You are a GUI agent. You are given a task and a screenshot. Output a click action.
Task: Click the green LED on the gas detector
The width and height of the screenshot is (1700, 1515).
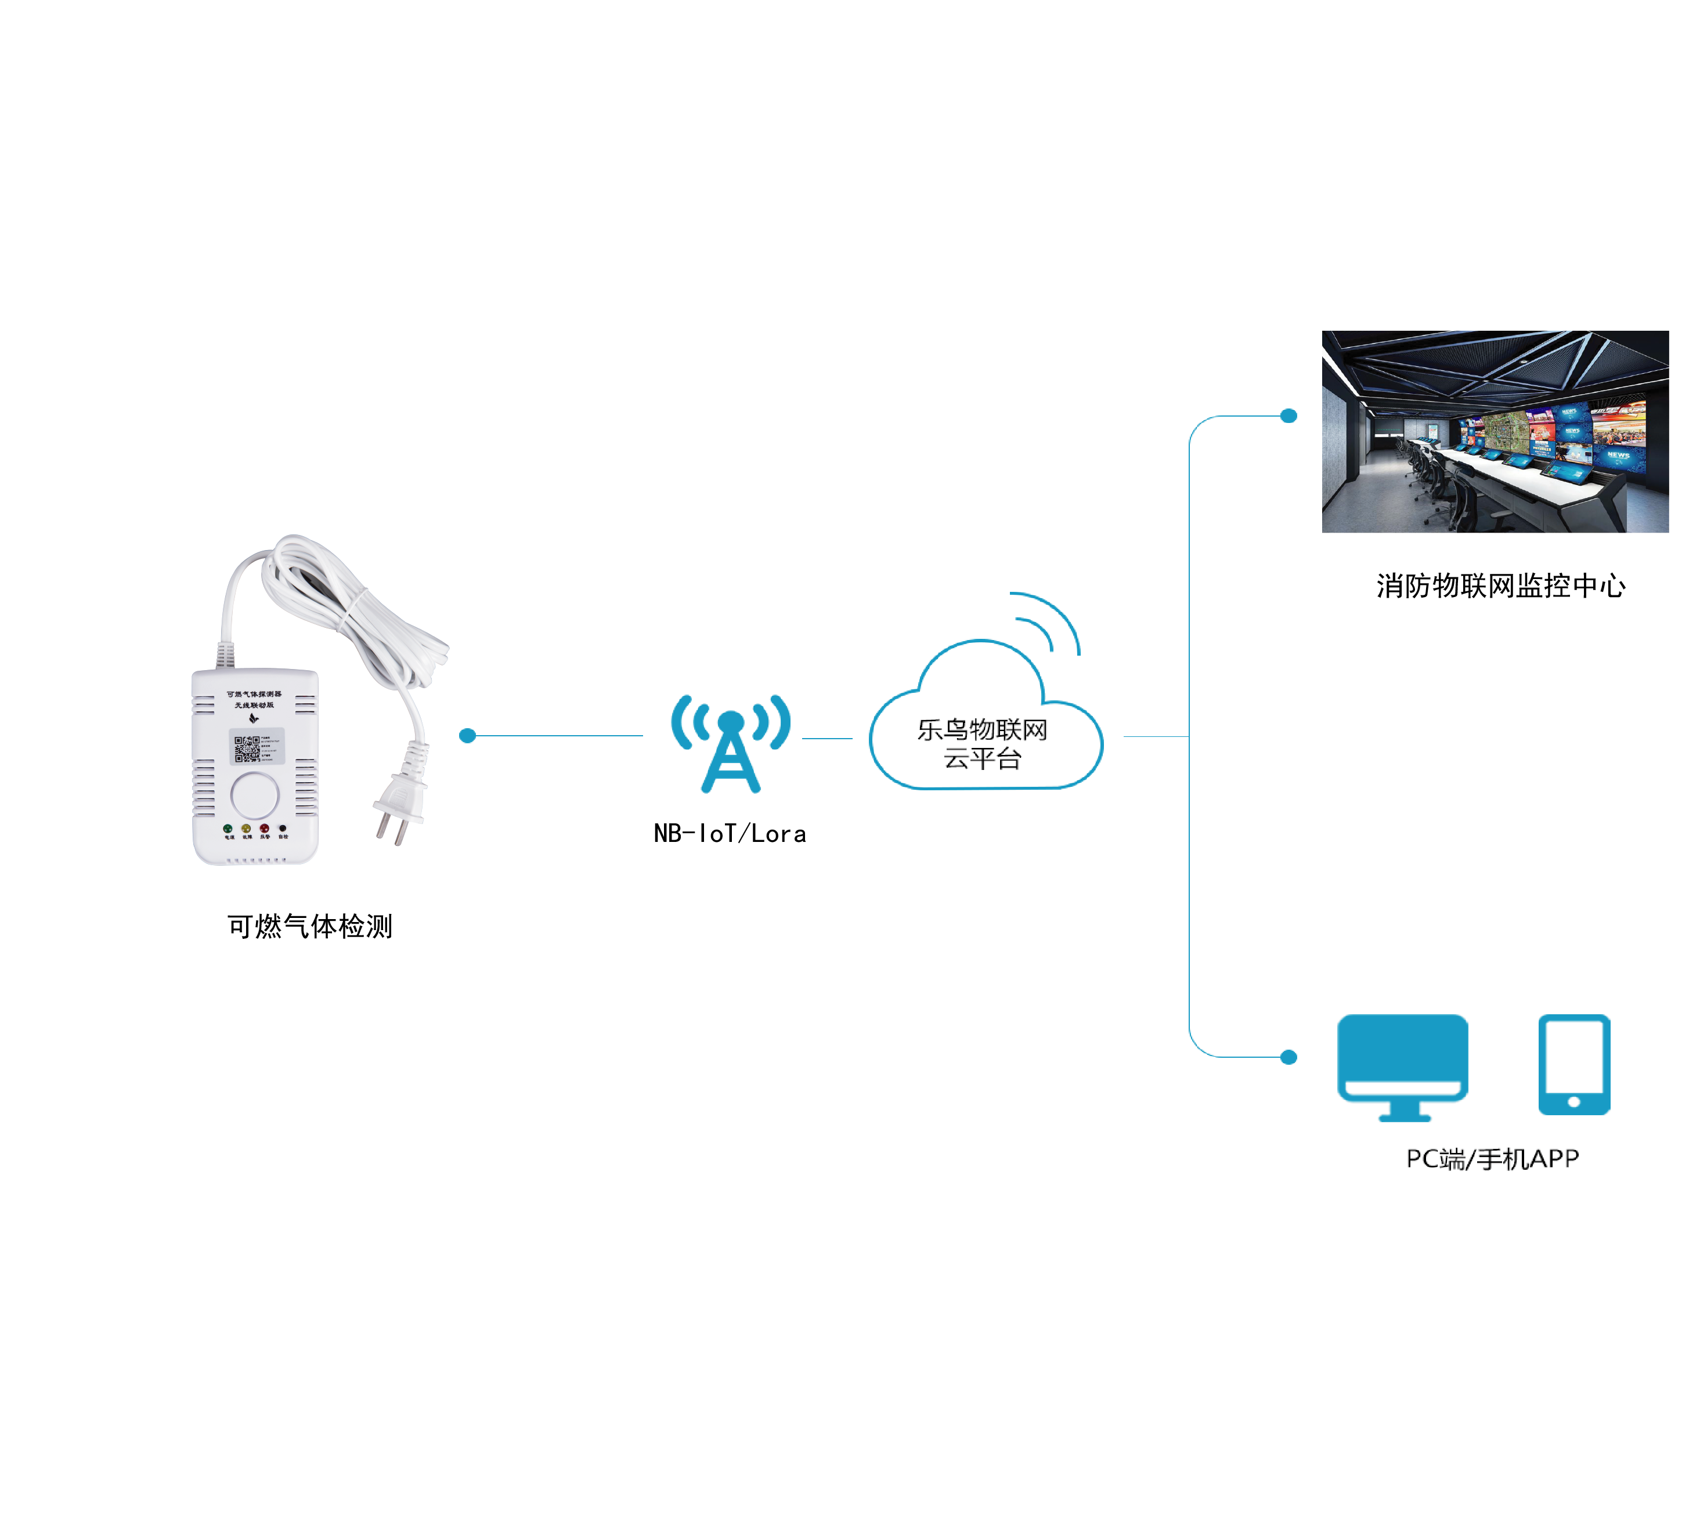[228, 828]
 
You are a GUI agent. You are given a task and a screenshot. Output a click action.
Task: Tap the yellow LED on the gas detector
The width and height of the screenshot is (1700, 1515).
[246, 828]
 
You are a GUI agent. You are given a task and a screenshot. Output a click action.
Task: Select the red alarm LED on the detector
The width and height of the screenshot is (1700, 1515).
[264, 828]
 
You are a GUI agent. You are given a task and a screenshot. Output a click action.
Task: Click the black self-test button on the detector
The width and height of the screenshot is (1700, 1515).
[283, 828]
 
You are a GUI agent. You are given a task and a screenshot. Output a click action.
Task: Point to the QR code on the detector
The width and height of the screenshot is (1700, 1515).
[247, 749]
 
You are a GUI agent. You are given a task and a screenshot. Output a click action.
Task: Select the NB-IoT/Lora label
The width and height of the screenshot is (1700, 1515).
[730, 833]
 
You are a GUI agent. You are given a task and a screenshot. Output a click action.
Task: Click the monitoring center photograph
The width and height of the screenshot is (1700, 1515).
[1495, 431]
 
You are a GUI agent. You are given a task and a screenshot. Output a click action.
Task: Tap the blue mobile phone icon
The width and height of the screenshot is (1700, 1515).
[1573, 1064]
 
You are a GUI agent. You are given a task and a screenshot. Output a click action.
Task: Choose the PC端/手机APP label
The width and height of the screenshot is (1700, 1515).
[1492, 1159]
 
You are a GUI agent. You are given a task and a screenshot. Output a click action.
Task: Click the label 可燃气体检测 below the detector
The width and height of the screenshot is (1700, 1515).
[310, 925]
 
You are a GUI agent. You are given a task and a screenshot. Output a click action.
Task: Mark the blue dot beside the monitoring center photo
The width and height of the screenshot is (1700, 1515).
[1288, 415]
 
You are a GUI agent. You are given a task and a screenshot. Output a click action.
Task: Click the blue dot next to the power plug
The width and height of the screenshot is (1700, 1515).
[468, 736]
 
